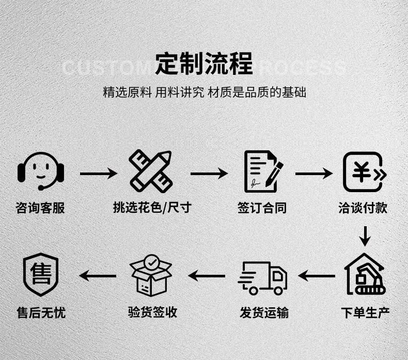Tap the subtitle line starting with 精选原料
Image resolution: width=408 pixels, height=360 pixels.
[x=205, y=92]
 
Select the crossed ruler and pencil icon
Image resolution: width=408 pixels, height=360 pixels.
[x=151, y=171]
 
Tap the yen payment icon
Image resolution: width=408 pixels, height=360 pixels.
[x=365, y=171]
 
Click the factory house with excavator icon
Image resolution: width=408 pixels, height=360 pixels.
[x=365, y=274]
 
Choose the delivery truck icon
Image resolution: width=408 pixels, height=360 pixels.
[x=263, y=277]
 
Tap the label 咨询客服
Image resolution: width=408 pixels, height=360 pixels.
[x=41, y=208]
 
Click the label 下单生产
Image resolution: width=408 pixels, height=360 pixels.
[x=365, y=312]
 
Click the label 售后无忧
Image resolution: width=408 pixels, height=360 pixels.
[x=41, y=312]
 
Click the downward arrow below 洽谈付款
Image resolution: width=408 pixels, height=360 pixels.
[x=365, y=236]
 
